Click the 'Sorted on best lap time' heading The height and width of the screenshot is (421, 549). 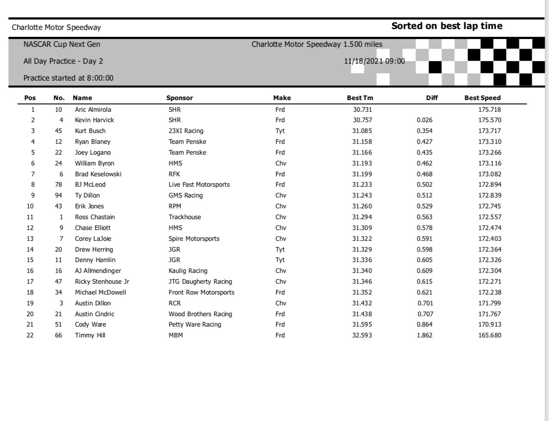click(x=447, y=26)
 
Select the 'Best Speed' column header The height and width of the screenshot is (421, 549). click(x=482, y=98)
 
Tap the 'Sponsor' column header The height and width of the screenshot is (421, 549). click(x=180, y=98)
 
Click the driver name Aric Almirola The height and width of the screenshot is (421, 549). click(x=93, y=110)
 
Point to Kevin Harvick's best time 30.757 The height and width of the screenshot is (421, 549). click(x=362, y=120)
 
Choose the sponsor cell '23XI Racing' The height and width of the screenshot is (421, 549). click(x=186, y=131)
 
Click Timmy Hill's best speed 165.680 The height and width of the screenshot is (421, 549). click(x=490, y=335)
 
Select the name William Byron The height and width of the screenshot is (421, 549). click(x=94, y=163)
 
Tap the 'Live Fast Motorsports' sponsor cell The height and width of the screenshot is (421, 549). click(x=199, y=185)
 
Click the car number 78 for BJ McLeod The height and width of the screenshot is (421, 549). click(x=58, y=185)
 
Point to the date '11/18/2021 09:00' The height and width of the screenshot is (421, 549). click(x=375, y=61)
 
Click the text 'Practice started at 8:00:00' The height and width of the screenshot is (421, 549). click(x=68, y=78)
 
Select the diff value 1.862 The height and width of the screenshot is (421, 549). click(x=424, y=335)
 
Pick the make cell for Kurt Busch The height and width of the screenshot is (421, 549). click(x=280, y=131)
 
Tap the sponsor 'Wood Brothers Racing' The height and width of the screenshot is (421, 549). click(x=200, y=314)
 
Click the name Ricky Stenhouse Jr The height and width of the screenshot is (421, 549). click(x=102, y=282)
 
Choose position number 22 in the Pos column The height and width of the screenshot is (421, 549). click(x=30, y=335)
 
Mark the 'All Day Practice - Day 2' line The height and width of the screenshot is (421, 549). click(x=63, y=61)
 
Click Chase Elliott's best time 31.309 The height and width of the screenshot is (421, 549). click(x=362, y=228)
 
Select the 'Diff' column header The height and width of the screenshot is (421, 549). click(x=432, y=98)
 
